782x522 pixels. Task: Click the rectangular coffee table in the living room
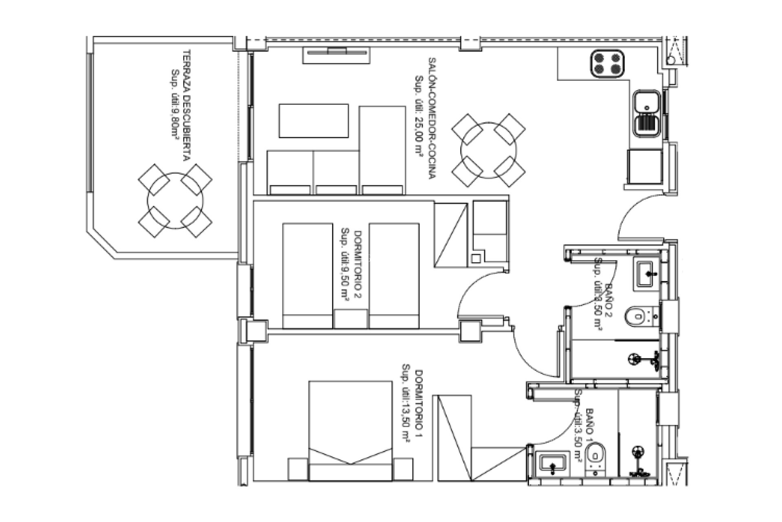313,121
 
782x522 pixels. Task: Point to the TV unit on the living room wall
336,55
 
